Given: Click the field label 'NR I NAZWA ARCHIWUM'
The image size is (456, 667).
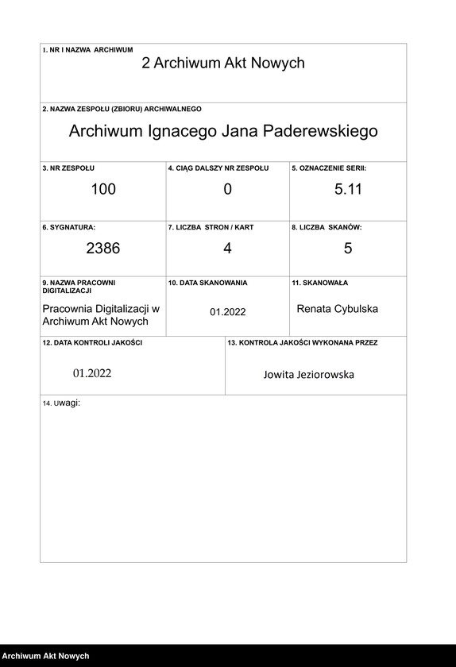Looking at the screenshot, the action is click(91, 49).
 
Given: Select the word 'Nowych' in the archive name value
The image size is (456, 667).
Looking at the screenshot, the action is click(277, 64).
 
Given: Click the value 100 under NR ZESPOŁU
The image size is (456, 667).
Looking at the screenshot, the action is click(103, 189).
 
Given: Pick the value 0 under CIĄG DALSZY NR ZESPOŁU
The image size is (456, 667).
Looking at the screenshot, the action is click(227, 189).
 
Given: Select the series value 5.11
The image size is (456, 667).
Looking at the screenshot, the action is click(348, 189).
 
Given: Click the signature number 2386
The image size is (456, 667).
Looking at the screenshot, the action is click(103, 248).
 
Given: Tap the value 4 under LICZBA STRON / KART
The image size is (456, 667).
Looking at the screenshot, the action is click(227, 248).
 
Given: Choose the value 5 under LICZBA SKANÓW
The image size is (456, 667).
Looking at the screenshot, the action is click(348, 248).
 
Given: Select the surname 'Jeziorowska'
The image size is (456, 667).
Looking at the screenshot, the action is click(319, 374).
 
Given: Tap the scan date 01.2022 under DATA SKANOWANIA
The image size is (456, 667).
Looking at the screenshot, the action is click(228, 312).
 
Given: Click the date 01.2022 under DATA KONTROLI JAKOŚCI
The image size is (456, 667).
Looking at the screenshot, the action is click(92, 373).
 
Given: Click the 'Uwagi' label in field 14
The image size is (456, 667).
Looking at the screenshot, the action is click(68, 403).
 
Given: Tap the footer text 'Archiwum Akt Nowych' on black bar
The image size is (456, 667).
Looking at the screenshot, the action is click(44, 657).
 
